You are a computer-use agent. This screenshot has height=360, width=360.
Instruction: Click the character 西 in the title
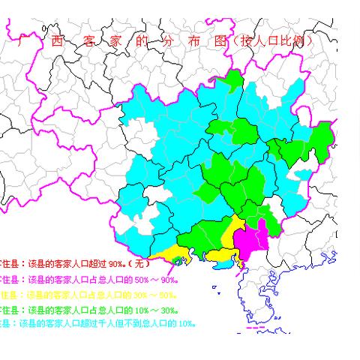point(54,41)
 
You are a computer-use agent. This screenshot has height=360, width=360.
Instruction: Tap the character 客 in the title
point(84,41)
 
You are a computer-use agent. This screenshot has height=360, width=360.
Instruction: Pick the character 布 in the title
point(193,41)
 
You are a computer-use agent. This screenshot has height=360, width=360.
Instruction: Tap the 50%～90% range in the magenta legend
point(167,280)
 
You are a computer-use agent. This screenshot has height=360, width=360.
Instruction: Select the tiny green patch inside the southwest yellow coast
point(177,259)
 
